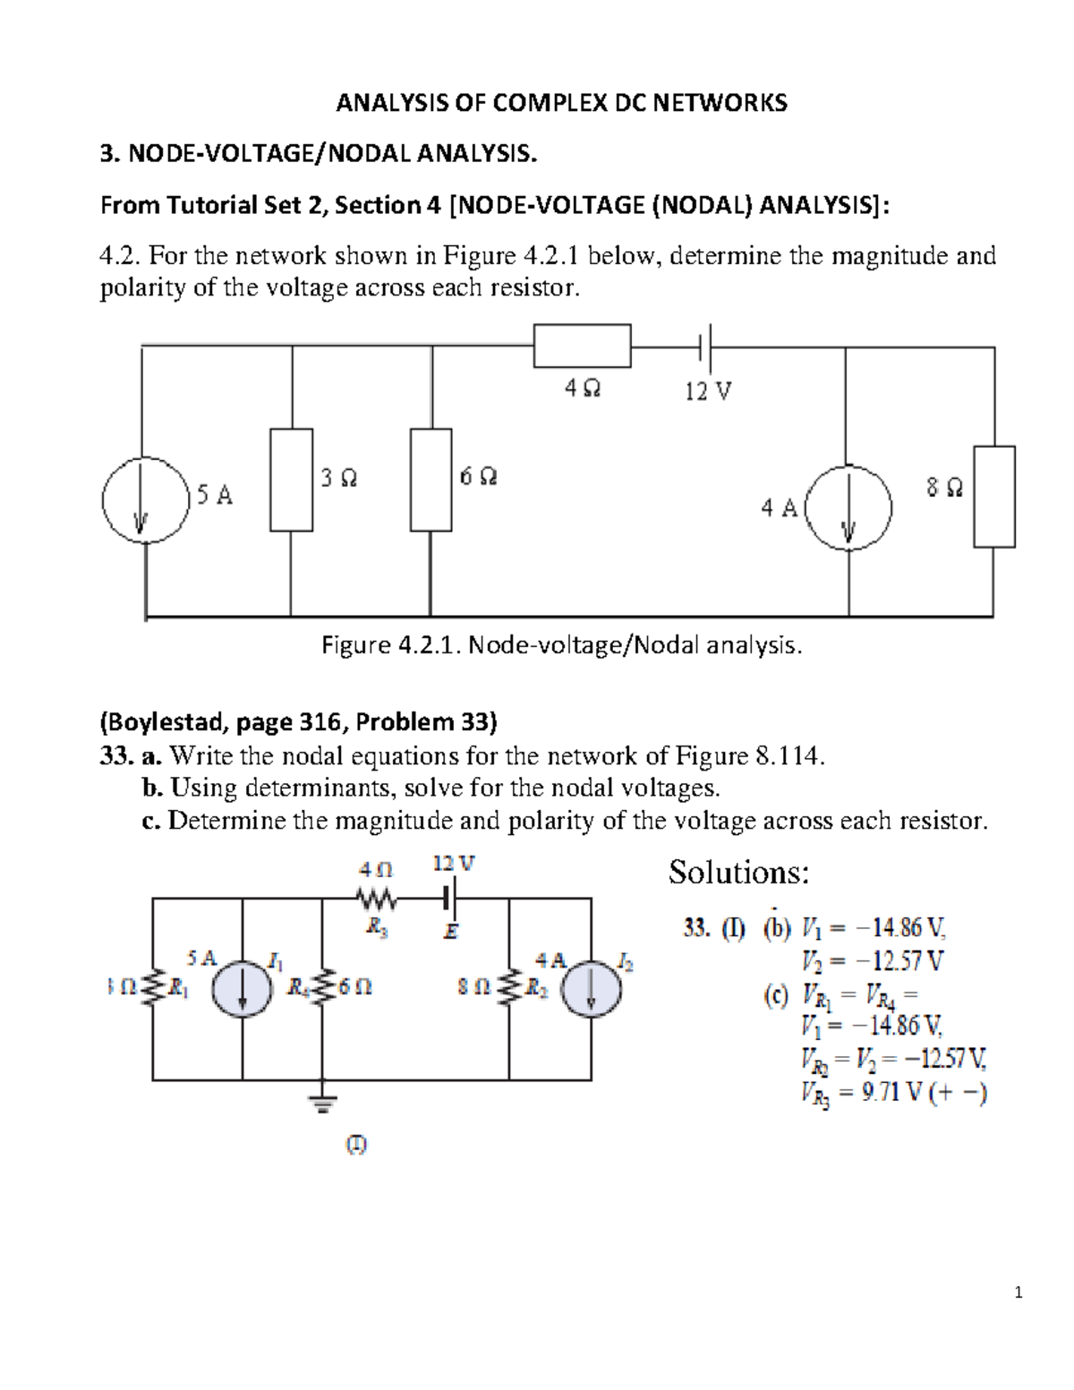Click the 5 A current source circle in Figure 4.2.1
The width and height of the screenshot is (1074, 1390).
point(144,498)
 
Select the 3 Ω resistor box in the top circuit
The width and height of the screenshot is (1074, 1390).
point(291,479)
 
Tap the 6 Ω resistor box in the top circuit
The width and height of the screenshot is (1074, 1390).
point(431,479)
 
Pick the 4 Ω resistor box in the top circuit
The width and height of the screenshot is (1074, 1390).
point(582,346)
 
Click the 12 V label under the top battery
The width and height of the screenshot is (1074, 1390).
point(708,391)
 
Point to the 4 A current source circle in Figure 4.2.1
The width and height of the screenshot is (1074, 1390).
point(848,507)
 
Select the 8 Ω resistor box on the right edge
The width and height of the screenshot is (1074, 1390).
point(993,496)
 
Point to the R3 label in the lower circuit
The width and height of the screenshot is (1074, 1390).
point(377,928)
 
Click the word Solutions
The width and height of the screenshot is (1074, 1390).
point(738,872)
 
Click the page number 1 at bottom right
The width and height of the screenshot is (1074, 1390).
point(1019,1292)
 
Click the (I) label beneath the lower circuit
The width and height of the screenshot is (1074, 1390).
point(356,1144)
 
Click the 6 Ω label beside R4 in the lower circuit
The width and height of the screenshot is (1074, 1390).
point(355,987)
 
